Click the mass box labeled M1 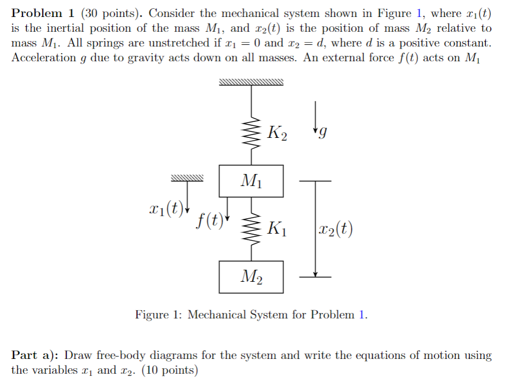(x=251, y=181)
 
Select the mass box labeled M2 (x=251, y=277)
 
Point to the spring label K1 (x=276, y=228)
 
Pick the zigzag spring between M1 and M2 (x=251, y=230)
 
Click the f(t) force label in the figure (x=210, y=219)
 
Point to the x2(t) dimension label (x=335, y=228)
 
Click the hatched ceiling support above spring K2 (x=251, y=83)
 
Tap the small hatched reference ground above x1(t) (x=187, y=178)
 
